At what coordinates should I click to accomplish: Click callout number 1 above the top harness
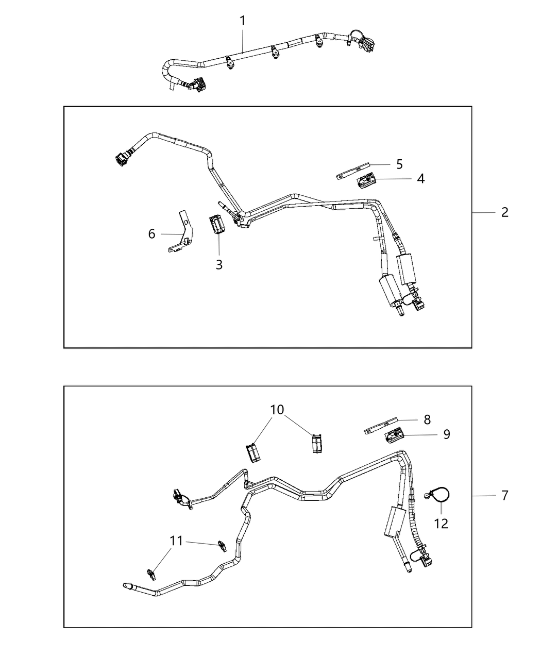point(243,21)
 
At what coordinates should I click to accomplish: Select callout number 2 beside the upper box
point(504,212)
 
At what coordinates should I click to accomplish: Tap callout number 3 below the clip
point(219,265)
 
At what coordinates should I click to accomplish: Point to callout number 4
point(421,178)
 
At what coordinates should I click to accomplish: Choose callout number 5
point(399,164)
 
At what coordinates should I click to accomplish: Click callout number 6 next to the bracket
point(151,234)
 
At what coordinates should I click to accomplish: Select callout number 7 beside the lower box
point(504,495)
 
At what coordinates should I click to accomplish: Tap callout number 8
point(427,419)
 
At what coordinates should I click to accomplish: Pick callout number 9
point(446,434)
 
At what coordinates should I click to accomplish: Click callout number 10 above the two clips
point(277,410)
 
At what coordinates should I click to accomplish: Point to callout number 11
point(176,541)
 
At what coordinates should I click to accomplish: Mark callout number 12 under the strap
point(441,524)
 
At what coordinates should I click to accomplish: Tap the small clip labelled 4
point(366,181)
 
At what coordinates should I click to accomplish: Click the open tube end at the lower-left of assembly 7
point(126,585)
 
